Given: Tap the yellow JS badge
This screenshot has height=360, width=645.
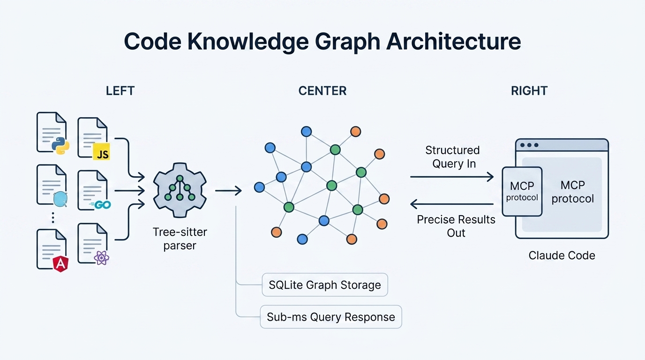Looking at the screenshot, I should tap(101, 152).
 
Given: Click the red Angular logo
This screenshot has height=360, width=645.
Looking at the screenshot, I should tap(60, 264).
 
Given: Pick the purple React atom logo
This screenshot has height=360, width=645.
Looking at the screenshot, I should tap(101, 257).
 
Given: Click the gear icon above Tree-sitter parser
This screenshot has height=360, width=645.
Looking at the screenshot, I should tap(180, 190).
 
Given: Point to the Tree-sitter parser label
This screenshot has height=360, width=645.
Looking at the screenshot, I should tap(180, 239).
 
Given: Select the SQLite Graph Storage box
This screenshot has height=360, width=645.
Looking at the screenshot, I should tap(325, 285).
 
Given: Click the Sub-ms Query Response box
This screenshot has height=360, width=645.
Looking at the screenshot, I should tap(330, 317).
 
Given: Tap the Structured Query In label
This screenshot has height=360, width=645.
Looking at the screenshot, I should tap(452, 157).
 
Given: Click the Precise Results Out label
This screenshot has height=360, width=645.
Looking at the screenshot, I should tap(456, 226).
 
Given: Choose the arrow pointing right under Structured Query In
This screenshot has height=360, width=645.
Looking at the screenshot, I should tap(452, 177).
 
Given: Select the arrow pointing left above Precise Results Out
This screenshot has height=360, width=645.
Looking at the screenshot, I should tap(452, 204).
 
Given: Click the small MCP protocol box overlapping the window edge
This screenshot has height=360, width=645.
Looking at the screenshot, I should tap(522, 192).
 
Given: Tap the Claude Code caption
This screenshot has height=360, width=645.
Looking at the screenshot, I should tap(562, 255).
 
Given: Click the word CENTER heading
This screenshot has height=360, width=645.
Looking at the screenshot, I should tap(322, 91).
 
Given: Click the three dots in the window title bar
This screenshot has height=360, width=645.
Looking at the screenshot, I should tap(529, 145).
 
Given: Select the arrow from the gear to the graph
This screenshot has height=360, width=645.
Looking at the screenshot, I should tap(228, 190).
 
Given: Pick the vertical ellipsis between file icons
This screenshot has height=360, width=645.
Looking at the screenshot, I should tap(53, 217).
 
